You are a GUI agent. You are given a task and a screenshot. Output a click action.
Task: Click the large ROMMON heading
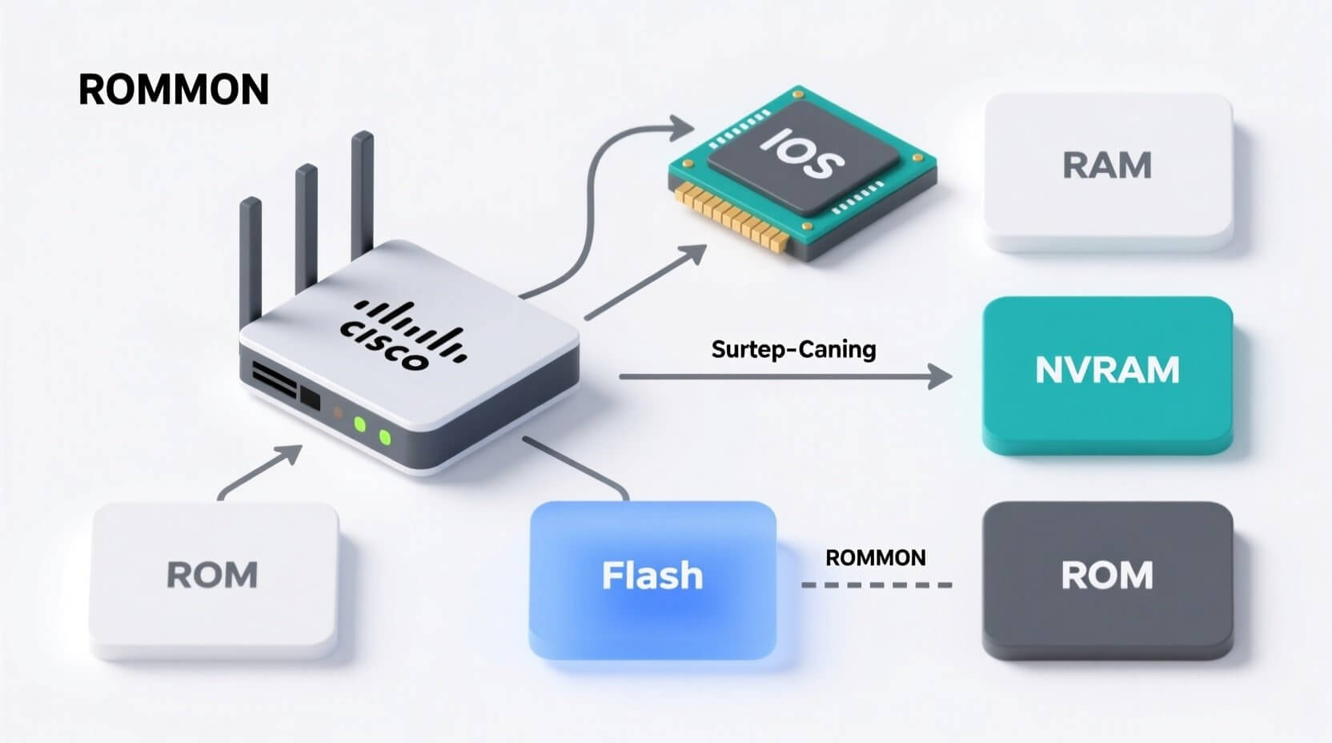tap(173, 90)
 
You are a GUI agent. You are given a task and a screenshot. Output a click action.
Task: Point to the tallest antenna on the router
tap(363, 192)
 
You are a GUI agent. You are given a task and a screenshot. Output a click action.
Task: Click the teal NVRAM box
tap(1107, 373)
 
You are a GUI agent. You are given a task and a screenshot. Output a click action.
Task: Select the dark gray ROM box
tap(1107, 578)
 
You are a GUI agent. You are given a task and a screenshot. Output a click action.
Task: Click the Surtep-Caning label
tap(793, 350)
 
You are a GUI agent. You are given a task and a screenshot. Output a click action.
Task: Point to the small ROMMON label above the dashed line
tap(875, 558)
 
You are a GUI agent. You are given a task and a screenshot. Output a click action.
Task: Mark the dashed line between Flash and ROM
tap(877, 585)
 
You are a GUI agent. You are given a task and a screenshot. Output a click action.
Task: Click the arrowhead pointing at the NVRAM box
tap(940, 376)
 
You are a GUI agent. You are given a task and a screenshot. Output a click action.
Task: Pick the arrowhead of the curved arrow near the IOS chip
tap(681, 127)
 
